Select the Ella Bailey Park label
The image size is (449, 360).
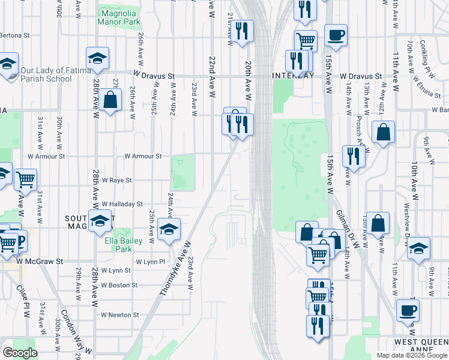[118, 245]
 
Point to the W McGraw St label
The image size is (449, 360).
[40, 262]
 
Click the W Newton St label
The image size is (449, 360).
[119, 314]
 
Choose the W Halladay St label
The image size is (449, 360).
[122, 204]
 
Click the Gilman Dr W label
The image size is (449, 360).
[348, 228]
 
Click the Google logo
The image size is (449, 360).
[20, 352]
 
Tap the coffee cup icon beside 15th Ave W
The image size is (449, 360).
[335, 35]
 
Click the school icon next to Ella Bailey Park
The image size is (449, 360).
[169, 230]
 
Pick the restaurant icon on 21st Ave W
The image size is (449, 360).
[242, 31]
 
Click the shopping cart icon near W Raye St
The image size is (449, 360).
[25, 179]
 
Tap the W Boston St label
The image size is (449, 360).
[119, 285]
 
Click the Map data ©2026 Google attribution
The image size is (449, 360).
[411, 355]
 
